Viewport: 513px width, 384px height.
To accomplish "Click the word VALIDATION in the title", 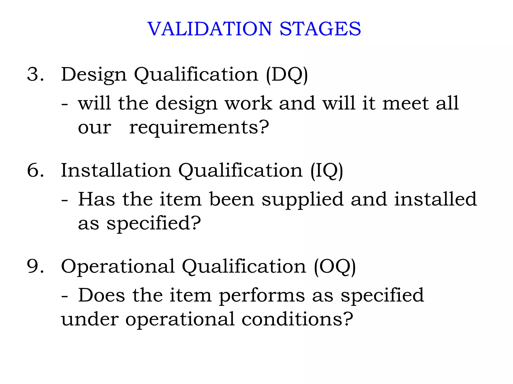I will pos(210,29).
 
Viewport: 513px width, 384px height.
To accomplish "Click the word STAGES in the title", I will pos(320,29).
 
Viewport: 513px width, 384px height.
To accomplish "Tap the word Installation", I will pos(116,170).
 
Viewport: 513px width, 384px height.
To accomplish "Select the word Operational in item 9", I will pos(118,266).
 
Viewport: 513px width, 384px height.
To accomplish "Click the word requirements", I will pos(199,127).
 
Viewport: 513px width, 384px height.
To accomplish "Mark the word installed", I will pos(435,199).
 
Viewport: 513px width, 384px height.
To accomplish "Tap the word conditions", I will pos(297,319).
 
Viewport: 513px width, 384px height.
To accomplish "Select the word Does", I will pos(101,295).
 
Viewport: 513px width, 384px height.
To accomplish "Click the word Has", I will pos(96,199).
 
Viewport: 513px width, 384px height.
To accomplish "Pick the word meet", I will pos(405,103).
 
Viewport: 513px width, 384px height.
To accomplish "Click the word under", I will pos(90,319).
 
